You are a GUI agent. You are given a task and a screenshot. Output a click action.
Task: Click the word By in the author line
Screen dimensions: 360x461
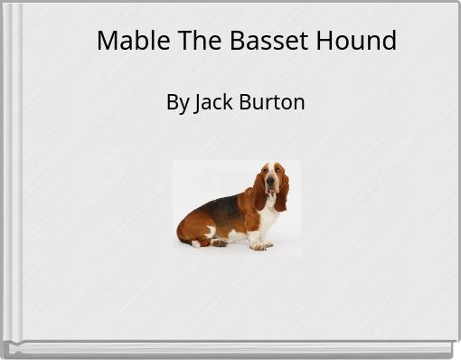point(177,102)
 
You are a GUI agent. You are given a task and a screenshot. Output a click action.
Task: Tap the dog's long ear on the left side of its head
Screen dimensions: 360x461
point(259,192)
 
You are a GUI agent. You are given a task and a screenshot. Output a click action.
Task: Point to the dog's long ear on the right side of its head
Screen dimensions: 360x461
point(282,192)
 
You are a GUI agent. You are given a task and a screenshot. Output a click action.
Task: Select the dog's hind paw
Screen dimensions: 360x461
point(219,242)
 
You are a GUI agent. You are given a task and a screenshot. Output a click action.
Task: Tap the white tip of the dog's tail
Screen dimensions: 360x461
point(194,243)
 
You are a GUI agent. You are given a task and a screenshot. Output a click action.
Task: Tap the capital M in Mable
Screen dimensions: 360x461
point(107,41)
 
